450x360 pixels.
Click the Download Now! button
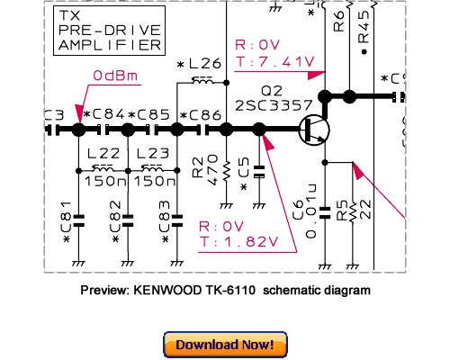[x=225, y=344]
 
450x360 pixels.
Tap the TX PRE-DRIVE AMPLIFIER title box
[x=109, y=31]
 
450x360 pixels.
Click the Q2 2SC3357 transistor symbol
[x=314, y=129]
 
